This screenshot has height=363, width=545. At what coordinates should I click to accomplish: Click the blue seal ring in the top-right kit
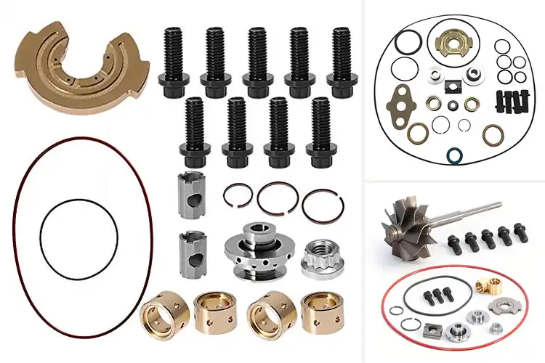point(456,155)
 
